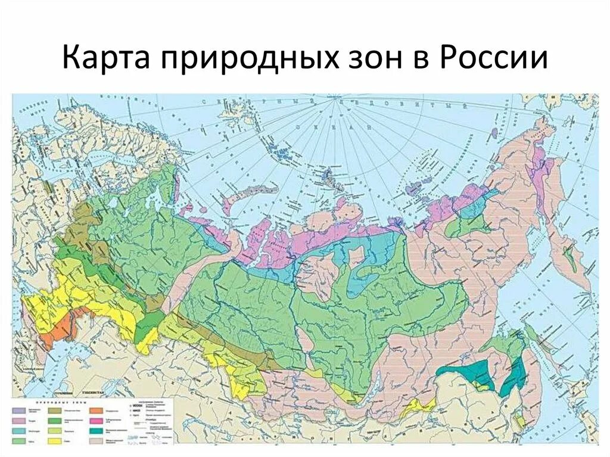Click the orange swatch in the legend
click(95, 410)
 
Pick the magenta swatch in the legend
click(95, 420)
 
